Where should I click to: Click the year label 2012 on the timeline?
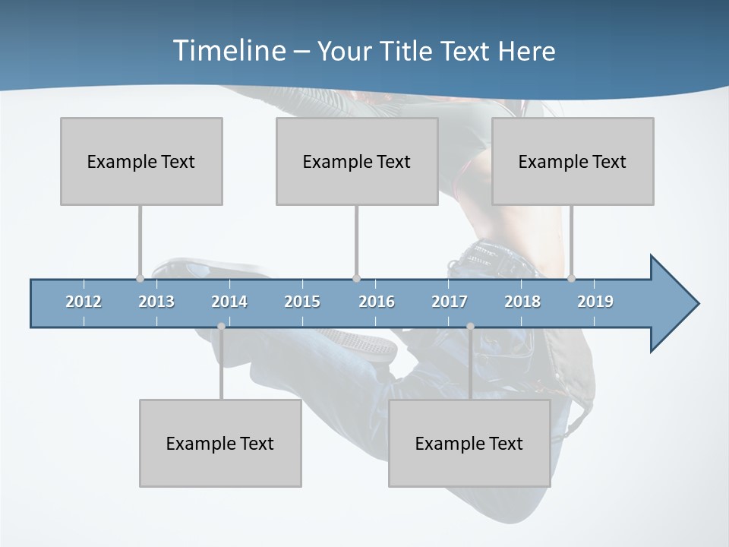pyautogui.click(x=84, y=302)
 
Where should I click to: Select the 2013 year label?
pyautogui.click(x=156, y=302)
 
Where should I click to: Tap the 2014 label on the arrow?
pyautogui.click(x=229, y=302)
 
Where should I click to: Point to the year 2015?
pyautogui.click(x=302, y=302)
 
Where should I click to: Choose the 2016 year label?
pyautogui.click(x=377, y=302)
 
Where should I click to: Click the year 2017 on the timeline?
pyautogui.click(x=450, y=302)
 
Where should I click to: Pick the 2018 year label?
pyautogui.click(x=522, y=302)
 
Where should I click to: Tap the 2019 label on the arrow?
pyautogui.click(x=595, y=302)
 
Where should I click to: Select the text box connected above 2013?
pyautogui.click(x=141, y=161)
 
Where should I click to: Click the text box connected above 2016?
pyautogui.click(x=357, y=161)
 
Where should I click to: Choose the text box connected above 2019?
pyautogui.click(x=573, y=161)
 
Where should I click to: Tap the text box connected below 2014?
pyautogui.click(x=220, y=443)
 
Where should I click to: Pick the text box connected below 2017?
pyautogui.click(x=469, y=443)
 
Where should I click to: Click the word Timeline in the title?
pyautogui.click(x=228, y=51)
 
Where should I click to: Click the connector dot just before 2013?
pyautogui.click(x=140, y=279)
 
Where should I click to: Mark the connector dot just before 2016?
pyautogui.click(x=356, y=279)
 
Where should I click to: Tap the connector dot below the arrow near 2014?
pyautogui.click(x=221, y=327)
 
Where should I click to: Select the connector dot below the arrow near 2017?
pyautogui.click(x=470, y=327)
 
